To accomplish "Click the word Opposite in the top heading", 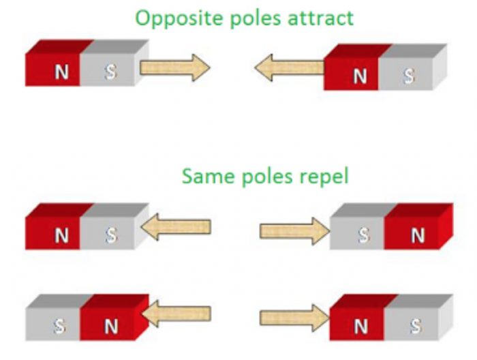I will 170,17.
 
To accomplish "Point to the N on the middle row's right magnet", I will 418,236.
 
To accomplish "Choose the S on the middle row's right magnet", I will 364,236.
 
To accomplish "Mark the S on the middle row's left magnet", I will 111,236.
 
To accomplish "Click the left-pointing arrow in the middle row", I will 176,226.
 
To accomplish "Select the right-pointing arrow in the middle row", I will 294,230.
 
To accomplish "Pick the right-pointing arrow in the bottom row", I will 294,318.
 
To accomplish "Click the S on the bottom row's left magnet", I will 59,327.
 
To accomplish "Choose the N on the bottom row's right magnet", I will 360,327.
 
